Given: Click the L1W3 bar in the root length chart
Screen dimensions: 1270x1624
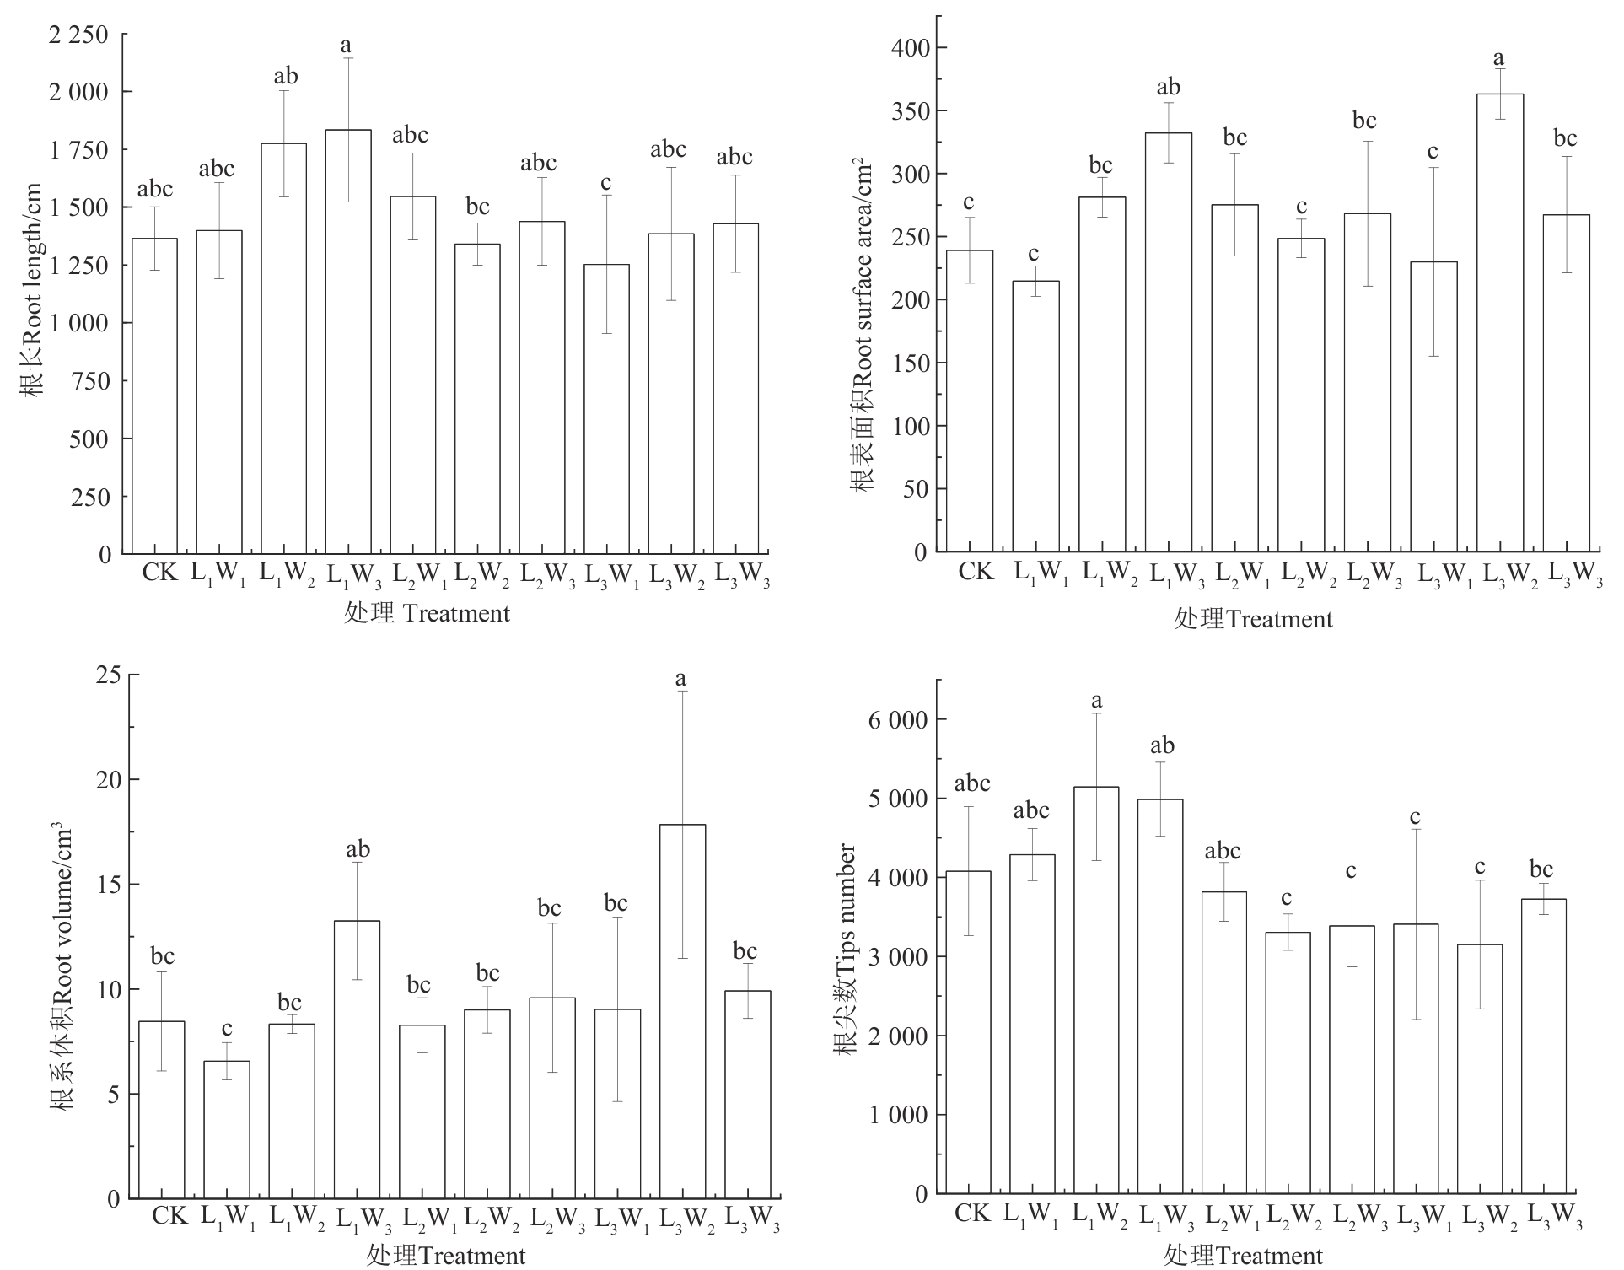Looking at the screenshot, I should coord(348,342).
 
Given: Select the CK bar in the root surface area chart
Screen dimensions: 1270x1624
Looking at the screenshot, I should coord(969,401).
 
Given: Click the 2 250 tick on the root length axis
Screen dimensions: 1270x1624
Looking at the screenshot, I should coord(80,35).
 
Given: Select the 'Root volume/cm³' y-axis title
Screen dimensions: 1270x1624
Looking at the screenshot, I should coord(63,970).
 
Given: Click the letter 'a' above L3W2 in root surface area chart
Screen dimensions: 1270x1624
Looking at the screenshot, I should coord(1498,58).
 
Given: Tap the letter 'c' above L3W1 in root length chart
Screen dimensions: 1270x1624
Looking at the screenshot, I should coord(605,183).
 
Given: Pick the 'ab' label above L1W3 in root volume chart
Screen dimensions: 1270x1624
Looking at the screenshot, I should coord(358,849).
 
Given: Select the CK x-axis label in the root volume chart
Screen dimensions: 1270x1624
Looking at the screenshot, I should coord(169,1216).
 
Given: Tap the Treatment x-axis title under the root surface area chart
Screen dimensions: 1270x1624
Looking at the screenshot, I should coord(1253,620).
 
